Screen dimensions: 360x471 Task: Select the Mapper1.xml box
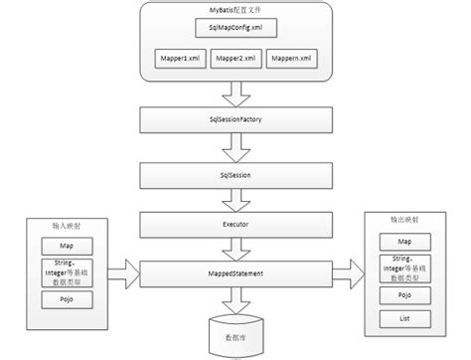[178, 60]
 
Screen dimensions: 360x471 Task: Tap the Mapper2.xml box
[235, 60]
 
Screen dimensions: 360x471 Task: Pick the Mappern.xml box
[292, 60]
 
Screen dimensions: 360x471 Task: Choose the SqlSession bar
[235, 172]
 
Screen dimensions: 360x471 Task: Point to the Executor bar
[235, 226]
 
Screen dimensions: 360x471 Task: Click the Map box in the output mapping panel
[403, 242]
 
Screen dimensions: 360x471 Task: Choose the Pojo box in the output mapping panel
[403, 295]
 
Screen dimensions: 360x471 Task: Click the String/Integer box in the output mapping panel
[403, 268]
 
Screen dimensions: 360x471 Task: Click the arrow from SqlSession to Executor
[235, 199]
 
